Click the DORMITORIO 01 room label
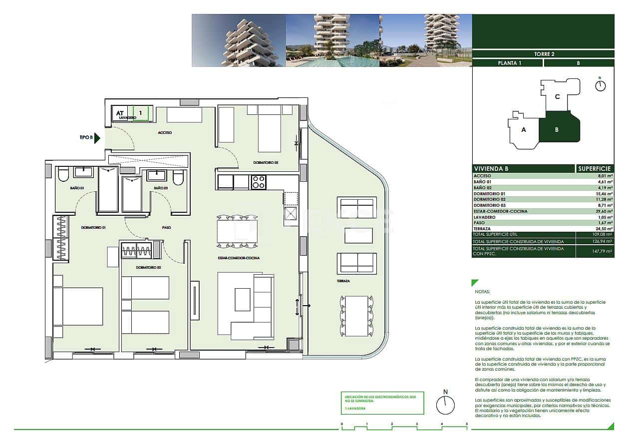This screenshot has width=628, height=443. click(x=93, y=228)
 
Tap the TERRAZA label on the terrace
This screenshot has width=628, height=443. click(x=342, y=281)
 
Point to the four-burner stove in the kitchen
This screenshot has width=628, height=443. click(x=258, y=182)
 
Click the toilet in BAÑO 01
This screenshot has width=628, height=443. click(x=63, y=174)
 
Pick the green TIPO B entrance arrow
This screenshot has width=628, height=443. click(x=98, y=138)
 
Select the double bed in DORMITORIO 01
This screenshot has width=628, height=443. click(x=79, y=306)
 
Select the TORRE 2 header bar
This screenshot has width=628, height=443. click(x=543, y=54)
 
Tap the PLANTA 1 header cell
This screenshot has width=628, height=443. click(x=507, y=63)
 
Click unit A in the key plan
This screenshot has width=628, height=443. click(x=524, y=129)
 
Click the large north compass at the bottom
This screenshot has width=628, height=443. click(x=445, y=405)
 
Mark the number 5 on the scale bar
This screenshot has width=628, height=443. click(x=467, y=424)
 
